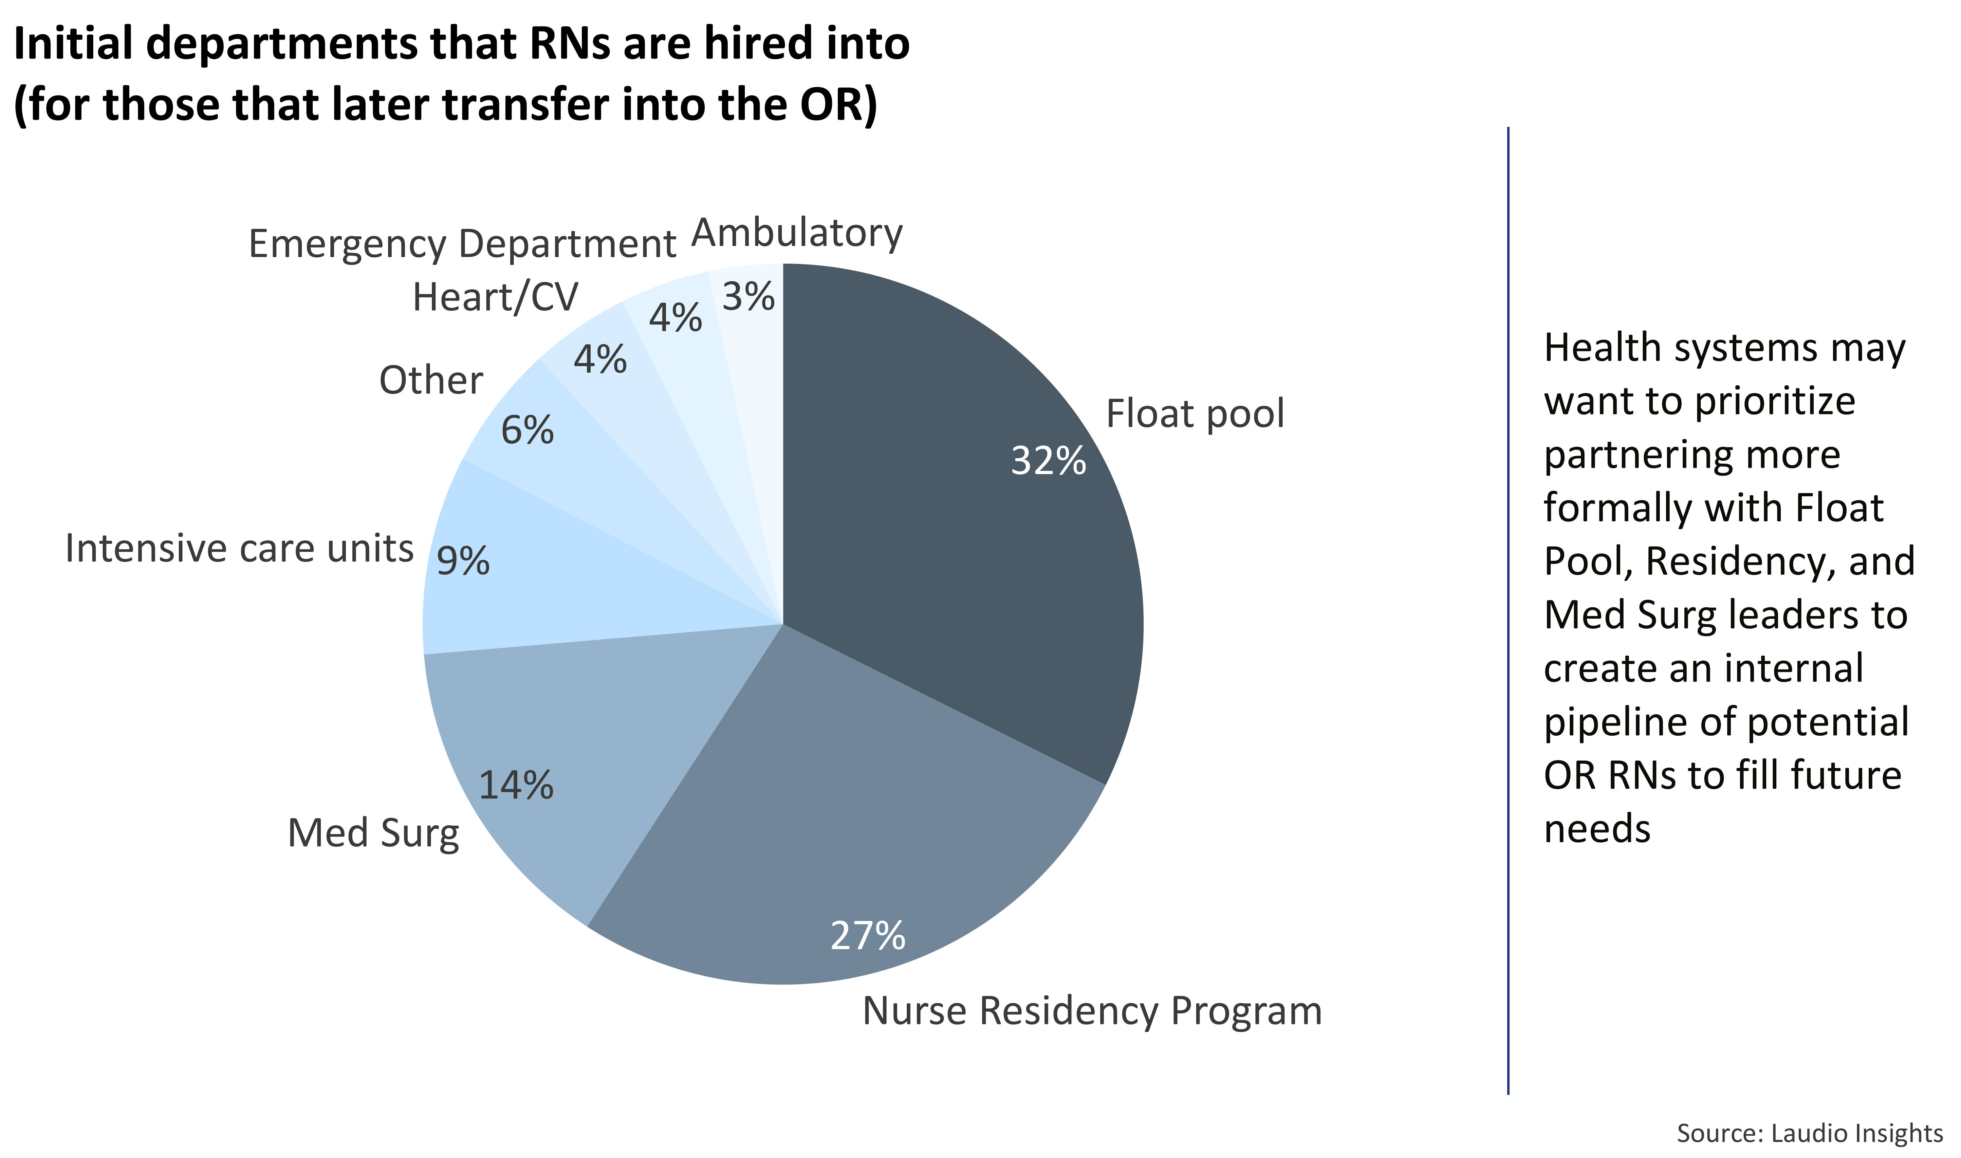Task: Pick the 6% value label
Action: (527, 430)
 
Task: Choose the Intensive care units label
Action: (239, 549)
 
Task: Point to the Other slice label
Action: (431, 381)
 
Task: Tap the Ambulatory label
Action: (797, 232)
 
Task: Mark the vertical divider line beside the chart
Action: (1508, 609)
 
